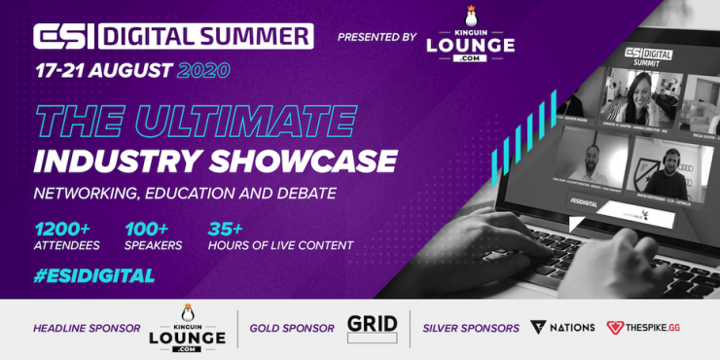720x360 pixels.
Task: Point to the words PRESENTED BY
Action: pos(377,37)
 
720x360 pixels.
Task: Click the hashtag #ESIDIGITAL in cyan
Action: pos(93,275)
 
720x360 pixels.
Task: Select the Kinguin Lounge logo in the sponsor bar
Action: pos(187,329)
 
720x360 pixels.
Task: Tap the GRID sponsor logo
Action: pos(373,328)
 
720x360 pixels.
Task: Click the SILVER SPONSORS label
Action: pos(470,328)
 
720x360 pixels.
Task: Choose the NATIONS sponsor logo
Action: pos(563,328)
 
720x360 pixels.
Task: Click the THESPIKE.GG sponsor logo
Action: pos(643,328)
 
